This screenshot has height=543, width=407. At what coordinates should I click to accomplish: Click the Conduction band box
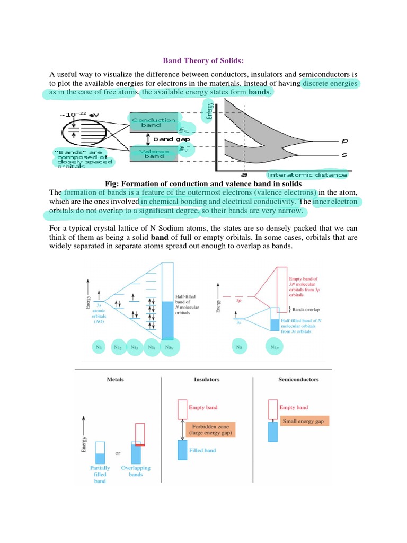point(154,123)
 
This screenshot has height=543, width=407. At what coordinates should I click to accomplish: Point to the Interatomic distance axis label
point(307,174)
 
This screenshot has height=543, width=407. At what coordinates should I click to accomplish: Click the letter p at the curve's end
point(346,142)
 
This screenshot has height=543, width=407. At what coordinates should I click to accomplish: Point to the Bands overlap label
point(306,308)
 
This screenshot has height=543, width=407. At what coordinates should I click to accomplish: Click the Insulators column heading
point(206,380)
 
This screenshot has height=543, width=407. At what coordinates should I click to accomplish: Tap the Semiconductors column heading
point(298,380)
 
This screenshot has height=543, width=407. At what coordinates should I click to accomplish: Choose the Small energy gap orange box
point(306,421)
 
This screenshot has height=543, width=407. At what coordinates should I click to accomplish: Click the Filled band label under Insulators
point(203,450)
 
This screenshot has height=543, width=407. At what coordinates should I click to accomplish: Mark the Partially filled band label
point(100,474)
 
